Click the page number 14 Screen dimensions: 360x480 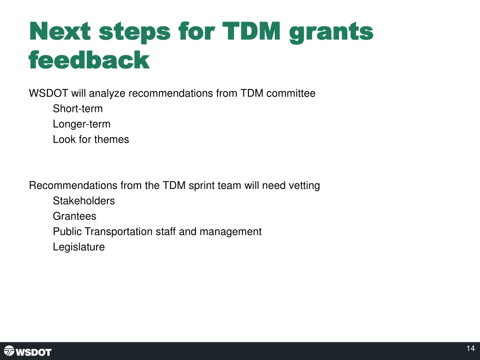pyautogui.click(x=471, y=348)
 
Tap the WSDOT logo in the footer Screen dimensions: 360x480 pyautogui.click(x=28, y=351)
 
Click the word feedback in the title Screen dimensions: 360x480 pyautogui.click(x=89, y=60)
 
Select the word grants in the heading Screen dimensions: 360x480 pyautogui.click(x=331, y=32)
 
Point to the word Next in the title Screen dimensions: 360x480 pyautogui.click(x=60, y=32)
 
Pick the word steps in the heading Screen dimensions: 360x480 pyautogui.click(x=135, y=32)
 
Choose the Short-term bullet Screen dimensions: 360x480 pyautogui.click(x=77, y=109)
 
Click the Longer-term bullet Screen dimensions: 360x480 pyautogui.click(x=82, y=124)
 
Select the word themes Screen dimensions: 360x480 pyautogui.click(x=112, y=140)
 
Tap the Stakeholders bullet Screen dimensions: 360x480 pyautogui.click(x=83, y=201)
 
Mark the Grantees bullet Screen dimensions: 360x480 pyautogui.click(x=75, y=217)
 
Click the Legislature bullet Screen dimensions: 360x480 pyautogui.click(x=79, y=247)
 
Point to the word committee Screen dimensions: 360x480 pyautogui.click(x=291, y=94)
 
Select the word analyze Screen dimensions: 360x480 pyautogui.click(x=107, y=94)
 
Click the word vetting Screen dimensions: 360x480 pyautogui.click(x=304, y=186)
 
